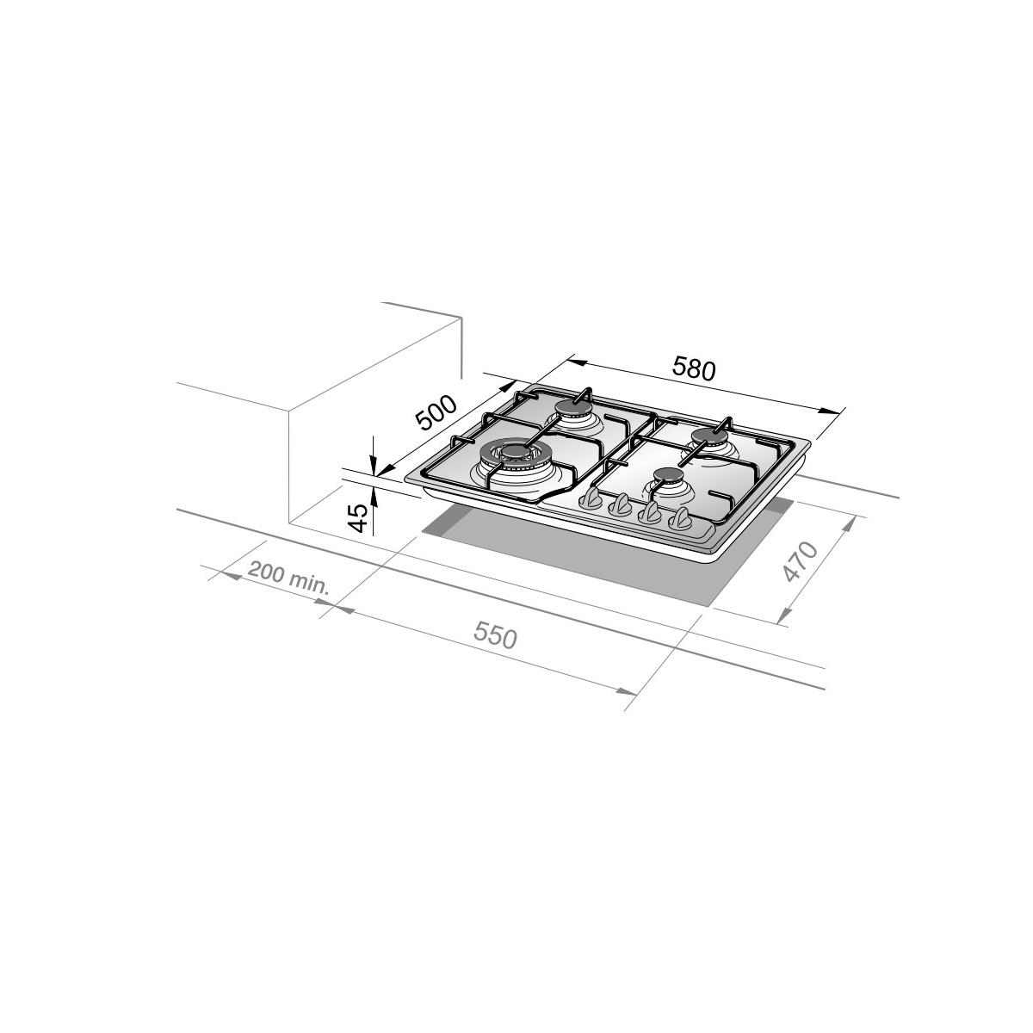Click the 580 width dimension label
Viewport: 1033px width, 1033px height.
click(693, 368)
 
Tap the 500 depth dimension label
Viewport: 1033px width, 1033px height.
click(437, 413)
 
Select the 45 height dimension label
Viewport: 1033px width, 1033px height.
click(357, 518)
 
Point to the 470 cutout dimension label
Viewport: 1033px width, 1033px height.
click(800, 561)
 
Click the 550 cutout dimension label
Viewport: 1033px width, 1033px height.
click(495, 637)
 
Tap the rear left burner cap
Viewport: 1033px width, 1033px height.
click(573, 408)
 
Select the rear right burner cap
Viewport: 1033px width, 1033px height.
click(709, 436)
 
